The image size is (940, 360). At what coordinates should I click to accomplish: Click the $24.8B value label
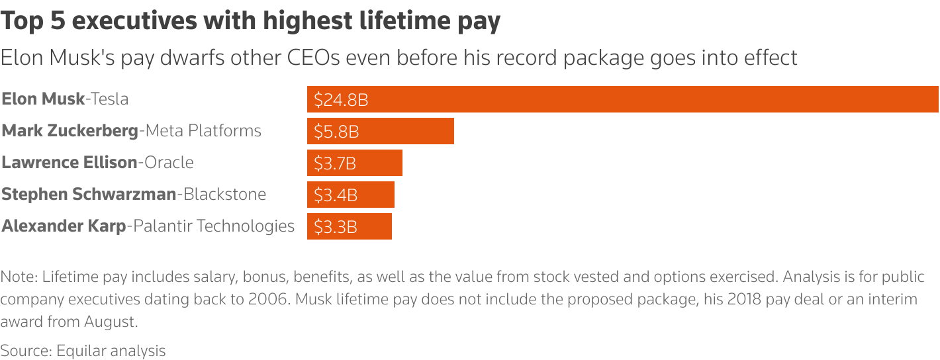[x=341, y=100]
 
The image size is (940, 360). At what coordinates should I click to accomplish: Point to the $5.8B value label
[x=336, y=132]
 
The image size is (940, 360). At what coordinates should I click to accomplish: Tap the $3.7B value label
[x=335, y=163]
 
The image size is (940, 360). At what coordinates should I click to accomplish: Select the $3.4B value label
[x=336, y=195]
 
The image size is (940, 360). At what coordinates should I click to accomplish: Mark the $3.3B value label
[x=336, y=227]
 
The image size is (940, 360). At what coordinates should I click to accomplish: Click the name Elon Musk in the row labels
[x=43, y=99]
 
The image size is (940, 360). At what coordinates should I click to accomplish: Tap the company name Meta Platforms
[x=203, y=131]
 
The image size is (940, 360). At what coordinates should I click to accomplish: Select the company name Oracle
[x=169, y=163]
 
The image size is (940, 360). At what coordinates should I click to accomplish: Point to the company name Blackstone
[x=224, y=195]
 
